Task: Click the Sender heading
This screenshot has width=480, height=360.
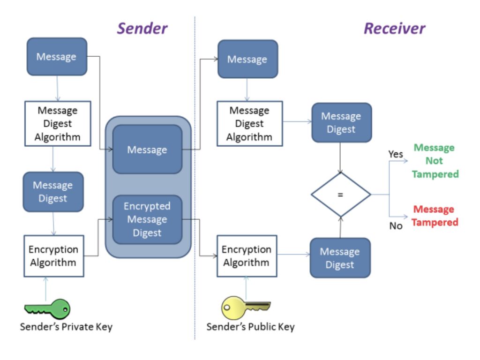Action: pos(142,28)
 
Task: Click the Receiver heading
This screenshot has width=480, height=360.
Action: pos(394,28)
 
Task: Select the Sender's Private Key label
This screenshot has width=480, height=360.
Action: pos(66,327)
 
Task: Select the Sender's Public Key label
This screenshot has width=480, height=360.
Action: pos(250,327)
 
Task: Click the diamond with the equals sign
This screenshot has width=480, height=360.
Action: pos(341,195)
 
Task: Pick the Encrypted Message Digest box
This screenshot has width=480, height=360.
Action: pos(147,219)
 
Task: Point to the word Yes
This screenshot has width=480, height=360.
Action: pos(396,154)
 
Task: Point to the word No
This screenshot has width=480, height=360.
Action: pos(396,226)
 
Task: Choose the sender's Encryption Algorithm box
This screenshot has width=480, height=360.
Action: pos(53,256)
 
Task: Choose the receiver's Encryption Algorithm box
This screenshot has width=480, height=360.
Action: pos(247,256)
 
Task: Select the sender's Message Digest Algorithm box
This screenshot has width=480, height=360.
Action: pos(57,124)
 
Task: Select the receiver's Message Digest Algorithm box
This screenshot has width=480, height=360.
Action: pos(249,124)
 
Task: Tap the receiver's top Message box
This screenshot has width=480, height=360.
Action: pos(247,59)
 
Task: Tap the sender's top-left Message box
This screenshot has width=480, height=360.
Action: pos(57,57)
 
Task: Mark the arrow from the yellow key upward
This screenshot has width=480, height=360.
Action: pos(246,286)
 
